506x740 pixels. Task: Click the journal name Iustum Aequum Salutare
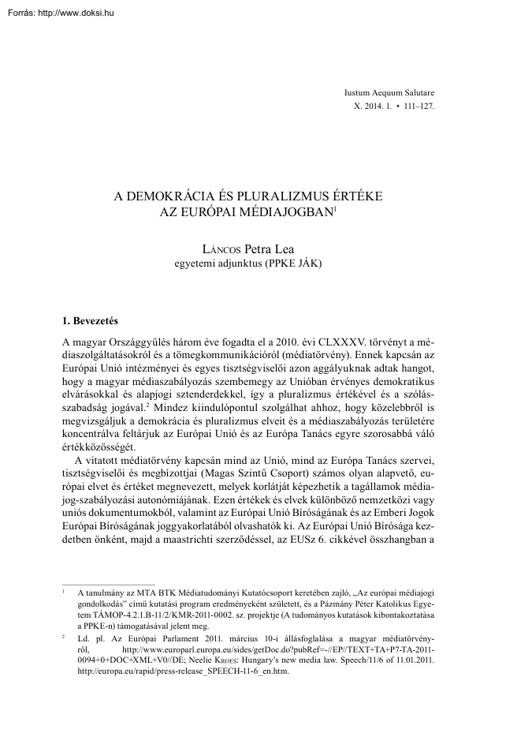click(392, 92)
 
